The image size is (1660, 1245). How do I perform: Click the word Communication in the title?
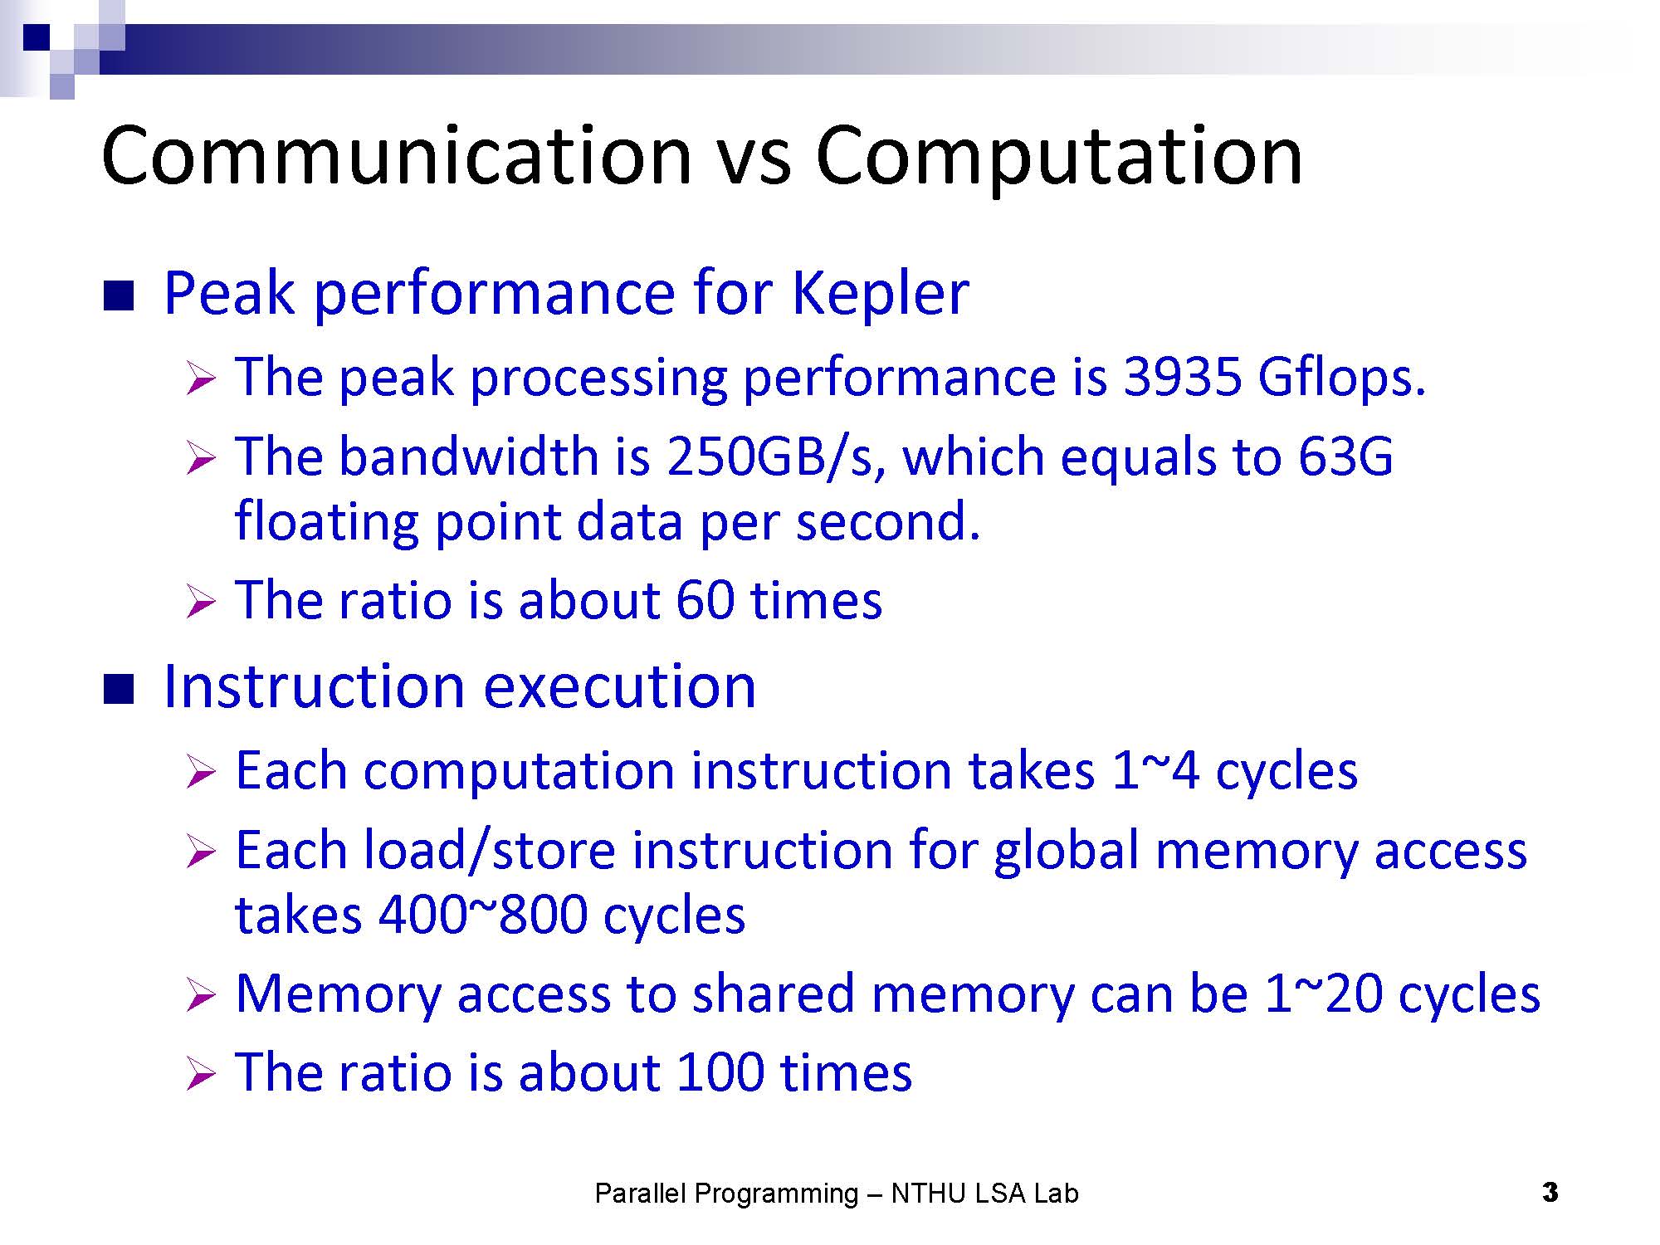(398, 155)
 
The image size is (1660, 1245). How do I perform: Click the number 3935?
(1182, 377)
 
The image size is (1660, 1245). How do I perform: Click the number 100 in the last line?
(720, 1072)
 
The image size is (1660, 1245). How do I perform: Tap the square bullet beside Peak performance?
(118, 296)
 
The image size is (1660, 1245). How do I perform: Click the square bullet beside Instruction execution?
(118, 690)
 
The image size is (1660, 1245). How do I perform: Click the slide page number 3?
(1550, 1194)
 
